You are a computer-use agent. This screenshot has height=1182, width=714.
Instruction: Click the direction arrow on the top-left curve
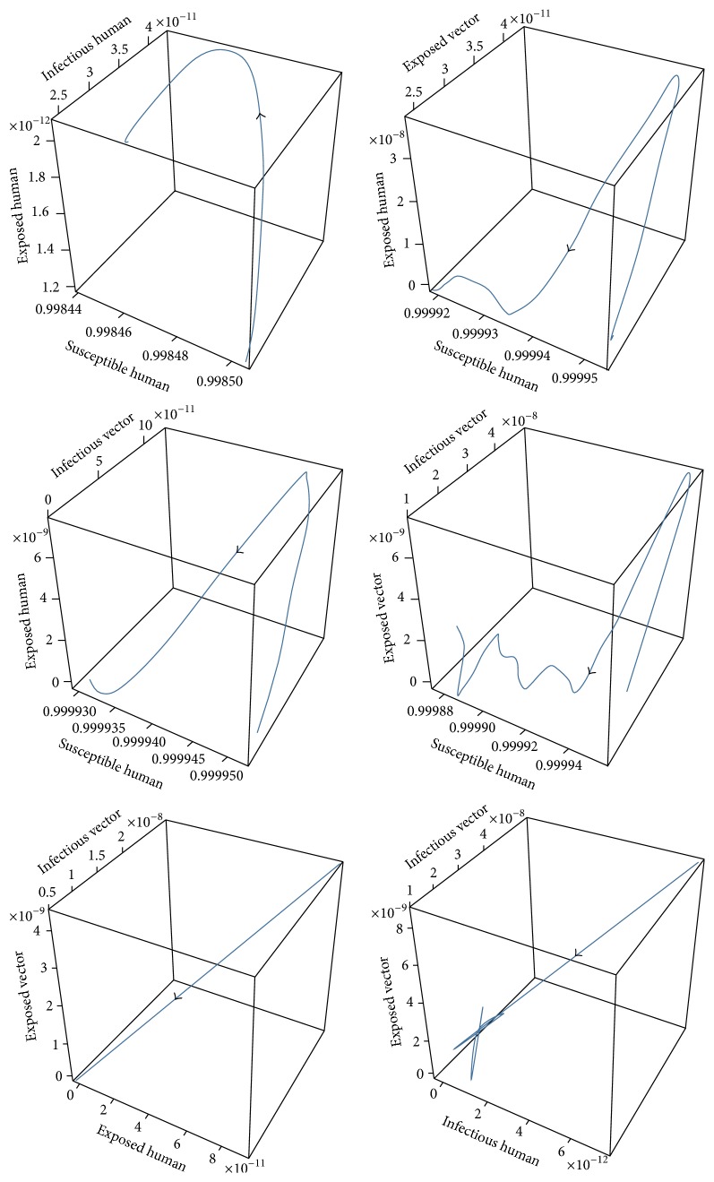(262, 115)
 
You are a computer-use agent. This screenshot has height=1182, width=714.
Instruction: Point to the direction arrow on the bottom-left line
(177, 997)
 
